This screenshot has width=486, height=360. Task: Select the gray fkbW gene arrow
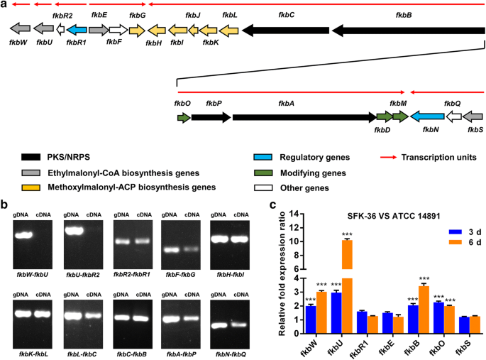point(20,29)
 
